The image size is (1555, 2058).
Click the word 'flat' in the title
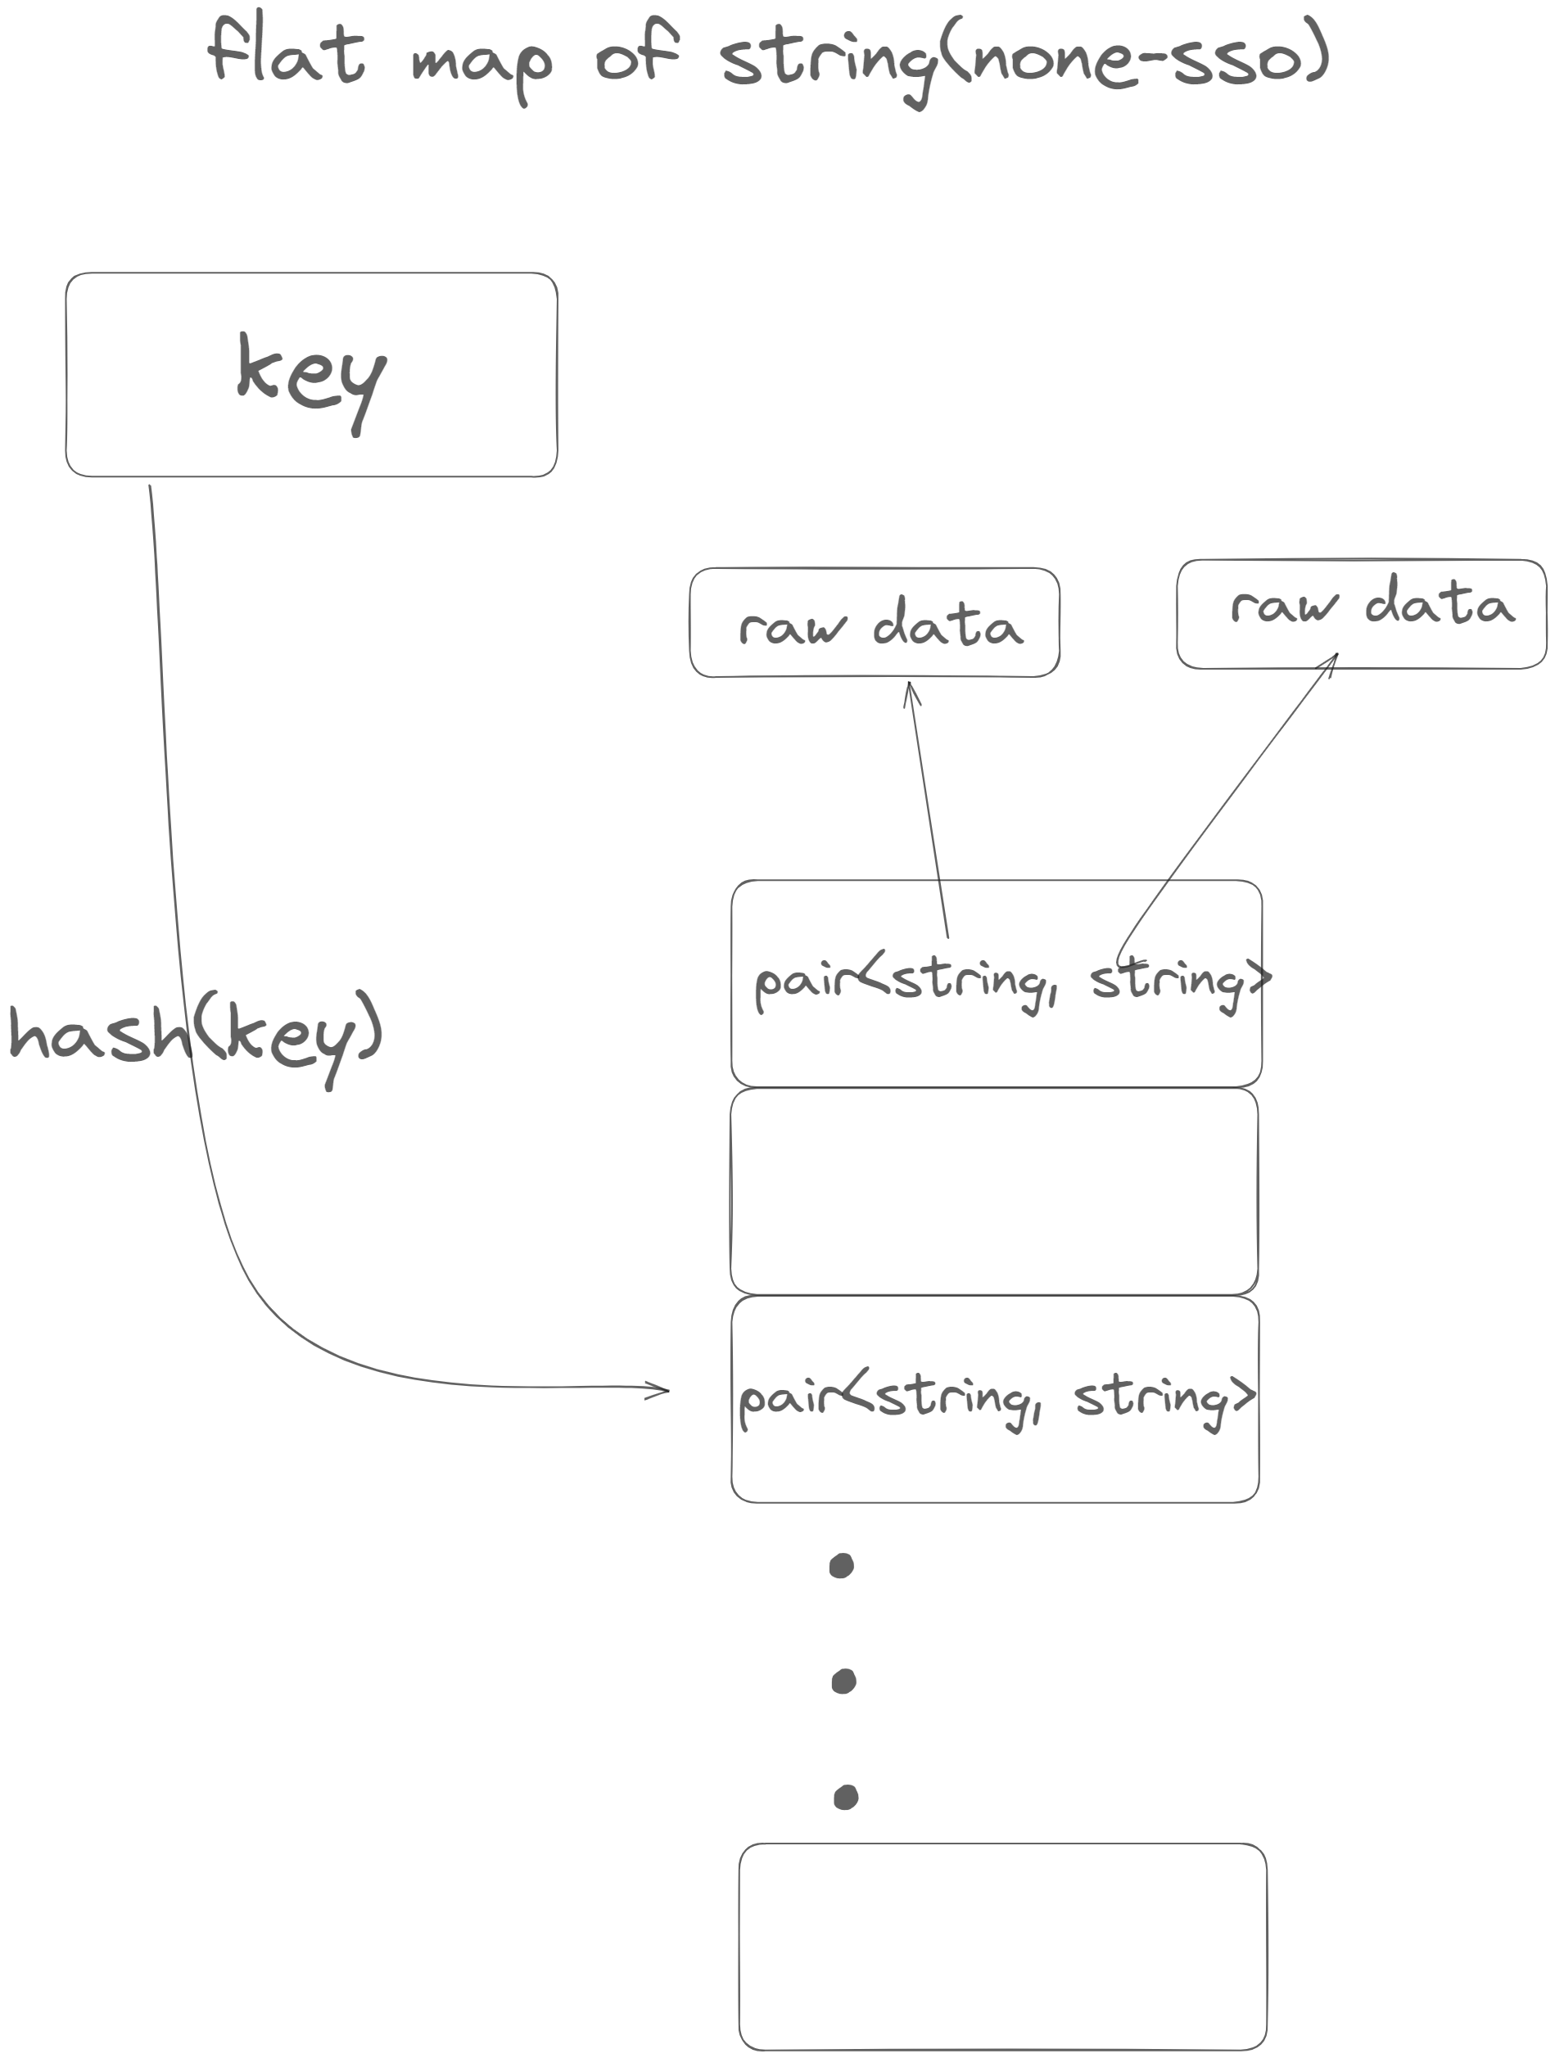[x=285, y=52]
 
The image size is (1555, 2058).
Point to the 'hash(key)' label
[x=196, y=1034]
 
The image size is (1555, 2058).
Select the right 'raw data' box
[x=1359, y=614]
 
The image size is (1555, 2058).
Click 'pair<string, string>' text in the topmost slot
[x=1010, y=982]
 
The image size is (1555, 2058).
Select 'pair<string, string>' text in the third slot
[x=995, y=1398]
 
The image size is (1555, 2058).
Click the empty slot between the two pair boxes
[x=994, y=1192]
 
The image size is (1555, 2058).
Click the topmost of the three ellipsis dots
[x=841, y=1566]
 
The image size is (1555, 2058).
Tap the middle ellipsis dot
[x=843, y=1681]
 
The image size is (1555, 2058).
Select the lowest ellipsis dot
[x=845, y=1797]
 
